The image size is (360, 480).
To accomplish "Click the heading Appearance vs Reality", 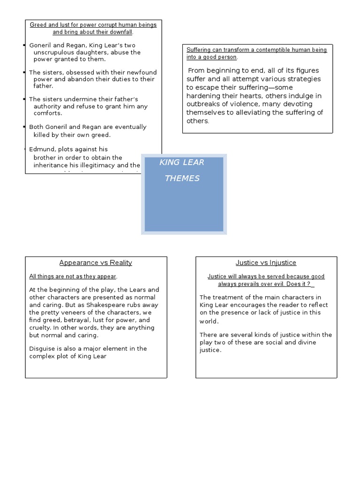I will tap(96, 263).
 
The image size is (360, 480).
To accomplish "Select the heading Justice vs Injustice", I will tap(266, 263).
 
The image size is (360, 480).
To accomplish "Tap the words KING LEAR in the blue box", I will tap(181, 163).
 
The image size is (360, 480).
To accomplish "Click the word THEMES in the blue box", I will tap(182, 179).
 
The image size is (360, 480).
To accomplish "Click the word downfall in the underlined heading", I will tap(120, 32).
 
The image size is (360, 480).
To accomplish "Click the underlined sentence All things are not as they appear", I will tap(73, 277).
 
